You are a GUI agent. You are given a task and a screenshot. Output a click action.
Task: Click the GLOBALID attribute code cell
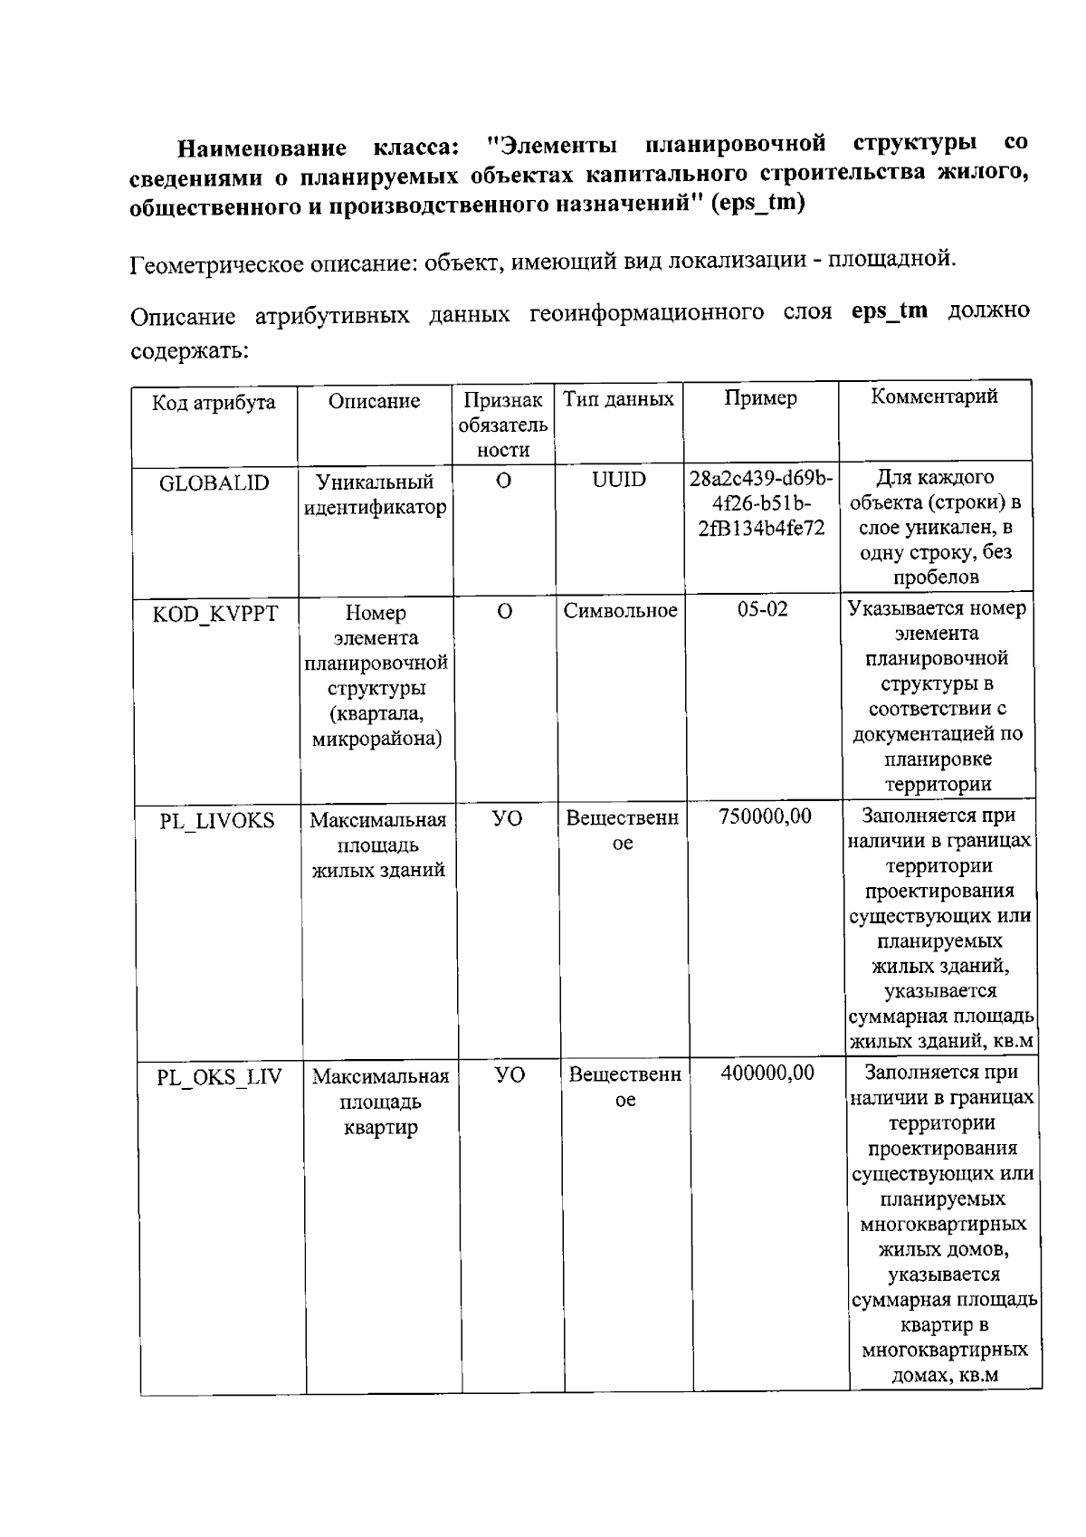pos(214,482)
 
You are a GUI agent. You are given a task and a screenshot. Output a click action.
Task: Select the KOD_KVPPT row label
pos(214,615)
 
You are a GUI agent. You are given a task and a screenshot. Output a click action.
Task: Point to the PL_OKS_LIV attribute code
pos(219,1077)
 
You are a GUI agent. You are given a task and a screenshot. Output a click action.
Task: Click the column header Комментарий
pos(934,396)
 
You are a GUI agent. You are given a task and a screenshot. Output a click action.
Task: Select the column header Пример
pos(760,398)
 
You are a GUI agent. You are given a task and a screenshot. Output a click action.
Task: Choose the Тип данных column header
pos(618,399)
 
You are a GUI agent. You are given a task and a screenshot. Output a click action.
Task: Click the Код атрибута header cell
pos(214,403)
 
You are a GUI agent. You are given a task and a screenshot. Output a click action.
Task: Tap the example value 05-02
pos(762,609)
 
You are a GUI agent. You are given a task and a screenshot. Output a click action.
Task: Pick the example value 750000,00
pos(765,816)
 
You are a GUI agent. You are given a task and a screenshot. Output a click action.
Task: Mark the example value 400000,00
pos(767,1073)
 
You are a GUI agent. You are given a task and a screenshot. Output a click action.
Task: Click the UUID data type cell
pos(619,480)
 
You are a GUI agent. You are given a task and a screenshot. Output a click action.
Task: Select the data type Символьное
pos(620,611)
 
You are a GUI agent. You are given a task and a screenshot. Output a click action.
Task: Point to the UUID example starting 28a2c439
pos(761,502)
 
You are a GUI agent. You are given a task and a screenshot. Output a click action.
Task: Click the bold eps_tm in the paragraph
pos(889,310)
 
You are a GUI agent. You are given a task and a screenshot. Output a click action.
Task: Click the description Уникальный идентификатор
pos(375,494)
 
